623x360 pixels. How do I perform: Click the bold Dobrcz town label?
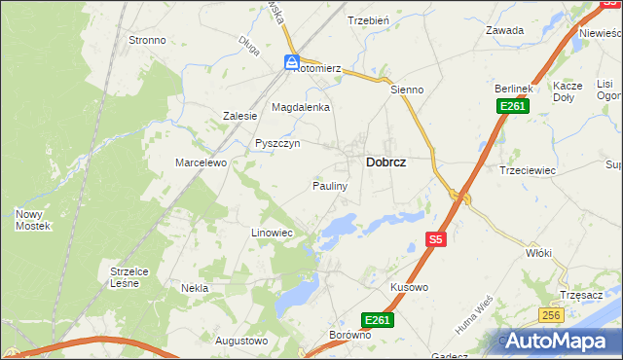[385, 163]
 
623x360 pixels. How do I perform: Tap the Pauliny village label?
[330, 185]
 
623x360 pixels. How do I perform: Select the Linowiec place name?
[272, 234]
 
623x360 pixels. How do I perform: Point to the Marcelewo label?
[201, 162]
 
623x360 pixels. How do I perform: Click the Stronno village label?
[147, 41]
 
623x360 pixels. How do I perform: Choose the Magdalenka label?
[301, 107]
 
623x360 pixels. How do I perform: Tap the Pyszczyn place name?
[277, 143]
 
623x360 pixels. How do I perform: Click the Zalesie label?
[239, 116]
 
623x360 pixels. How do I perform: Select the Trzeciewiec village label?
[527, 169]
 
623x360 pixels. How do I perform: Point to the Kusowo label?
[409, 288]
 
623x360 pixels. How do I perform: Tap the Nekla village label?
[195, 288]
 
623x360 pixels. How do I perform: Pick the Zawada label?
[505, 30]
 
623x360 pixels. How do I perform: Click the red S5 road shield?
[436, 238]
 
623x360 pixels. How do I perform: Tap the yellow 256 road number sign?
[552, 315]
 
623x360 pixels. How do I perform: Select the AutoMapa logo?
[558, 342]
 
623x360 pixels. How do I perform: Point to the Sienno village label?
[407, 90]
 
